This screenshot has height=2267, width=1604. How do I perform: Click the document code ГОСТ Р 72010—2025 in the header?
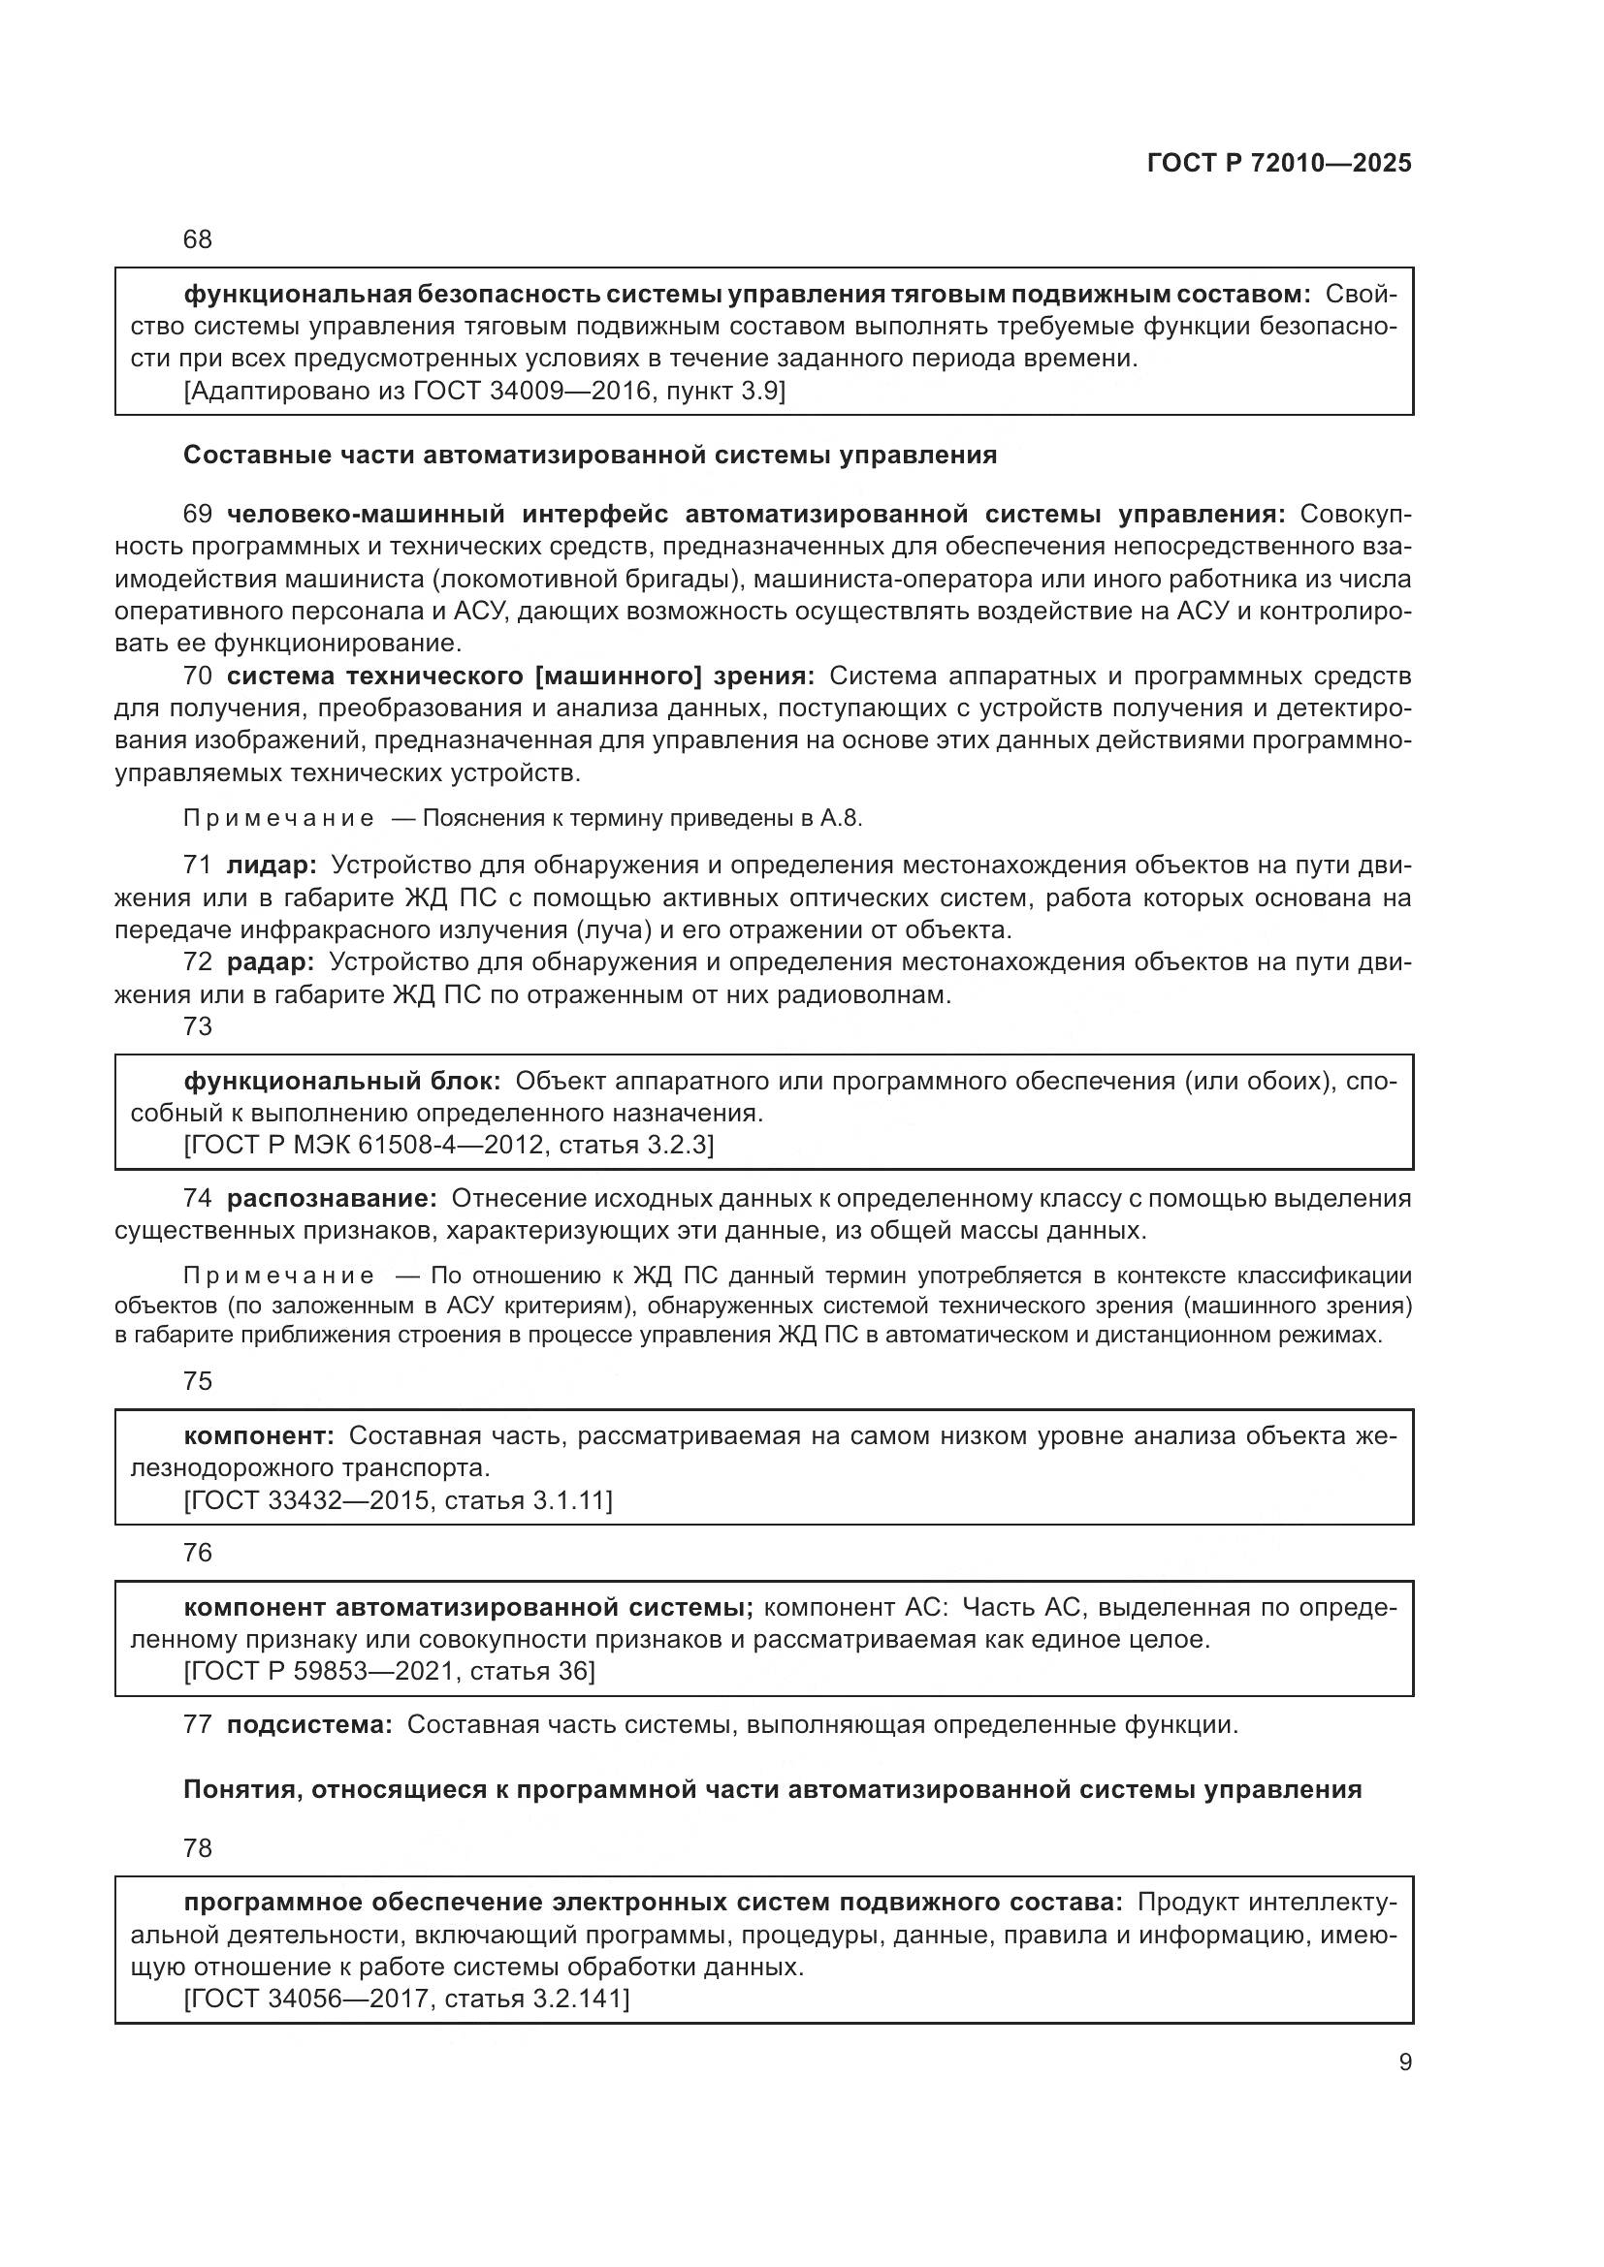pyautogui.click(x=1279, y=164)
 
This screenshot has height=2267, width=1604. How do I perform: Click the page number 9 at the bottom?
pyautogui.click(x=1405, y=2062)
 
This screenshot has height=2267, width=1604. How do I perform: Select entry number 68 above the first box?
pyautogui.click(x=198, y=240)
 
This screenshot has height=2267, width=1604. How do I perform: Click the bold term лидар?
pyautogui.click(x=272, y=866)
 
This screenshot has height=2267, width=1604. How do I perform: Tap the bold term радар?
pyautogui.click(x=271, y=961)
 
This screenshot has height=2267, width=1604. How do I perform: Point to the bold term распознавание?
pyautogui.click(x=332, y=1199)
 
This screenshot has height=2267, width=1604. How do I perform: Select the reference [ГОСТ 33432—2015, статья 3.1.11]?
pyautogui.click(x=398, y=1500)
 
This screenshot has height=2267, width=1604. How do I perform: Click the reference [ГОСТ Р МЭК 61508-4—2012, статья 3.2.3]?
pyautogui.click(x=448, y=1146)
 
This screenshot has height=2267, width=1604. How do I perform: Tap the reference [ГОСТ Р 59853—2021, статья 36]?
pyautogui.click(x=389, y=1672)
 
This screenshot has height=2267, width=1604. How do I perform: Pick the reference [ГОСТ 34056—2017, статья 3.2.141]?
pyautogui.click(x=406, y=1999)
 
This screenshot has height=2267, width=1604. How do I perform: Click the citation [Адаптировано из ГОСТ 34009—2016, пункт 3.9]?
pyautogui.click(x=484, y=391)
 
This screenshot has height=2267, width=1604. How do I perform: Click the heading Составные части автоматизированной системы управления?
pyautogui.click(x=590, y=456)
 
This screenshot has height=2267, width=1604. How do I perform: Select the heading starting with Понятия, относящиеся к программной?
pyautogui.click(x=772, y=1790)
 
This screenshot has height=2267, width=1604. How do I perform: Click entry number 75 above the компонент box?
pyautogui.click(x=198, y=1381)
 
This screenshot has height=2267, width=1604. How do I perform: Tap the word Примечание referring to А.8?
pyautogui.click(x=278, y=819)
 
